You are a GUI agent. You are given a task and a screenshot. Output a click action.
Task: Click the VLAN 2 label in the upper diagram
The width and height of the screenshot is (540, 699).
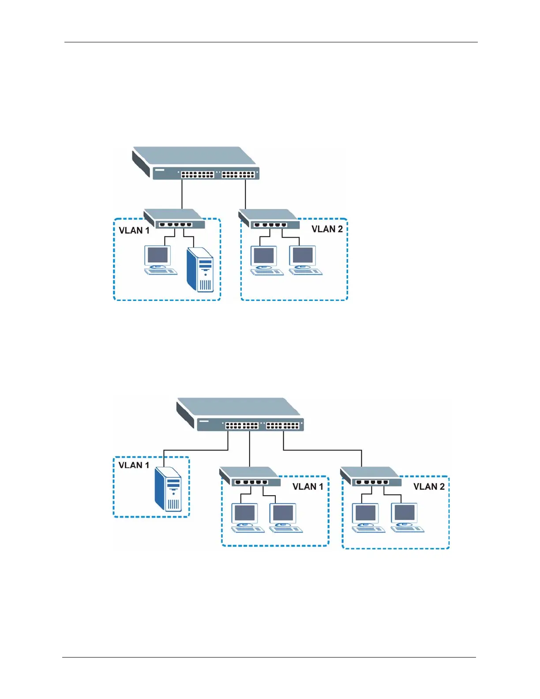(x=327, y=229)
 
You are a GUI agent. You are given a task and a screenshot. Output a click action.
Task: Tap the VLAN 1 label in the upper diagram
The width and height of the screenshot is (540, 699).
(x=134, y=230)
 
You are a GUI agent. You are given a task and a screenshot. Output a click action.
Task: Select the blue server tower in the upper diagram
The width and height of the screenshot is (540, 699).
(x=200, y=269)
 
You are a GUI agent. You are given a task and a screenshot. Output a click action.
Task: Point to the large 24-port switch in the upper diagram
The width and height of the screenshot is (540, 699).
(x=196, y=163)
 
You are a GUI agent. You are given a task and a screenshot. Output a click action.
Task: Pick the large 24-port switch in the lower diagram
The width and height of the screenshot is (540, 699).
(x=240, y=414)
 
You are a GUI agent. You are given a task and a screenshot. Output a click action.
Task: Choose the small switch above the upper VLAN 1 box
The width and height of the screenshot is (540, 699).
(x=175, y=219)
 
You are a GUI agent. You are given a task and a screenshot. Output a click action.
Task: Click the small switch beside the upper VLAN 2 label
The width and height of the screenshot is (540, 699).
(x=269, y=219)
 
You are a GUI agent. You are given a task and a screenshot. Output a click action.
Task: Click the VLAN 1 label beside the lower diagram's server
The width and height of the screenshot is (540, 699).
(x=134, y=465)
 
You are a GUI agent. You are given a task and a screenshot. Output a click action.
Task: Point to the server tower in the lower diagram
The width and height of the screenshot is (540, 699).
(x=168, y=490)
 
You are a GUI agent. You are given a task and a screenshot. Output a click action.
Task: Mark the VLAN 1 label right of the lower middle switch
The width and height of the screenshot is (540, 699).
(x=307, y=487)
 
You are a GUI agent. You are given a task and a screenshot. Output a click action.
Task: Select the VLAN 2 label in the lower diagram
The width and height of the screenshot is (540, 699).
(x=428, y=487)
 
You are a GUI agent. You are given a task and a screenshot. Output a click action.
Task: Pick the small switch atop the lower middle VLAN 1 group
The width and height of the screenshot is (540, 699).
(x=250, y=477)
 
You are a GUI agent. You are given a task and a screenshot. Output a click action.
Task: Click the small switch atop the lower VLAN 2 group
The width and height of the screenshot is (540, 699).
(x=371, y=477)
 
